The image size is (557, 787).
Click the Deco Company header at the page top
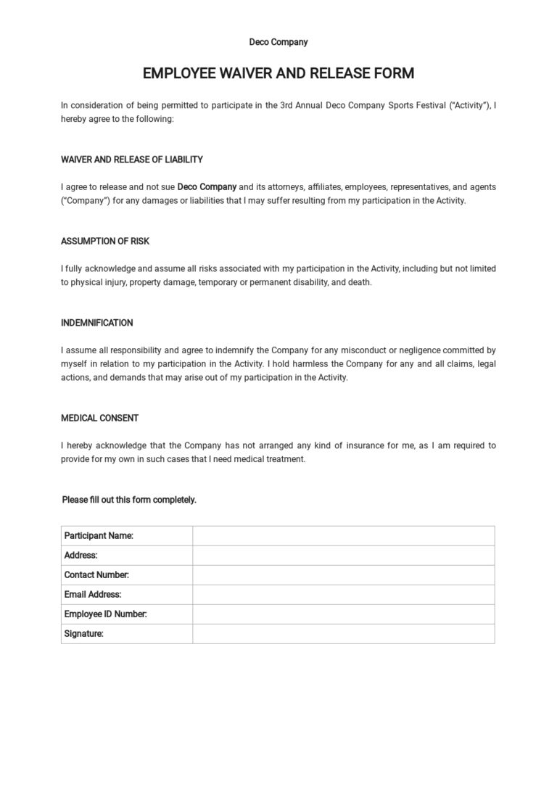pos(278,42)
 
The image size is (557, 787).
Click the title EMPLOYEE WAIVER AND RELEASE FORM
pos(278,73)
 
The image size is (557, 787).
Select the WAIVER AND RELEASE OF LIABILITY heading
pos(132,160)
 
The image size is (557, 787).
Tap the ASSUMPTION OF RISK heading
pos(105,242)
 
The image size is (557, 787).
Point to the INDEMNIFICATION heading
pos(97,323)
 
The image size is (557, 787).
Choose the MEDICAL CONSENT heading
pos(100,419)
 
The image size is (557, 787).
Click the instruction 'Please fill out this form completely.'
pos(129,500)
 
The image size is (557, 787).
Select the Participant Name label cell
pos(99,536)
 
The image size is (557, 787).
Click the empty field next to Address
pos(343,556)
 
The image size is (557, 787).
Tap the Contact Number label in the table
pos(96,575)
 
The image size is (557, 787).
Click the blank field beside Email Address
pos(343,595)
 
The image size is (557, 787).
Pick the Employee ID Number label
pos(106,614)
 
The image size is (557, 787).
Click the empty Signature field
pos(343,634)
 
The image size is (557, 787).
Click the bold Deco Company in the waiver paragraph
pos(207,187)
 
